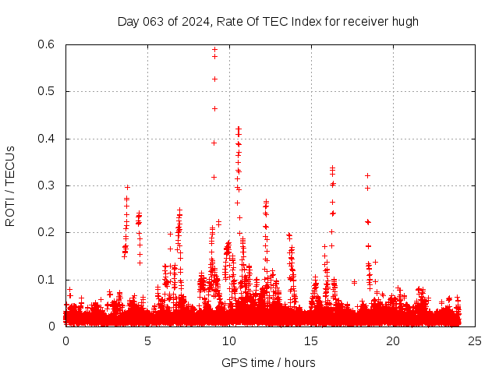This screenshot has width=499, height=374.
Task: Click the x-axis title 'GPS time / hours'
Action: pos(268,362)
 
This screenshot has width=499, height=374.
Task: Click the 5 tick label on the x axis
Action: pos(147,340)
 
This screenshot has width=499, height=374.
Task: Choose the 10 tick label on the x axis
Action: pos(229,340)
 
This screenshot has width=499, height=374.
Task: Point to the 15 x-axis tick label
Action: pos(311,340)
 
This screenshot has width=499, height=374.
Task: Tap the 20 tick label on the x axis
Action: pos(393,340)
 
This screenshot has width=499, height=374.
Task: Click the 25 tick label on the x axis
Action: pos(475,340)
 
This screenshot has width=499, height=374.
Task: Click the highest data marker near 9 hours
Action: pos(214,49)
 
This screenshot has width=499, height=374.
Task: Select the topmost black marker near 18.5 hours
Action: pos(367,175)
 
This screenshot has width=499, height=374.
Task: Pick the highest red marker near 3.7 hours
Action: pos(127,187)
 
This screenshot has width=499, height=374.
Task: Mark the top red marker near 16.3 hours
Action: pos(333,167)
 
